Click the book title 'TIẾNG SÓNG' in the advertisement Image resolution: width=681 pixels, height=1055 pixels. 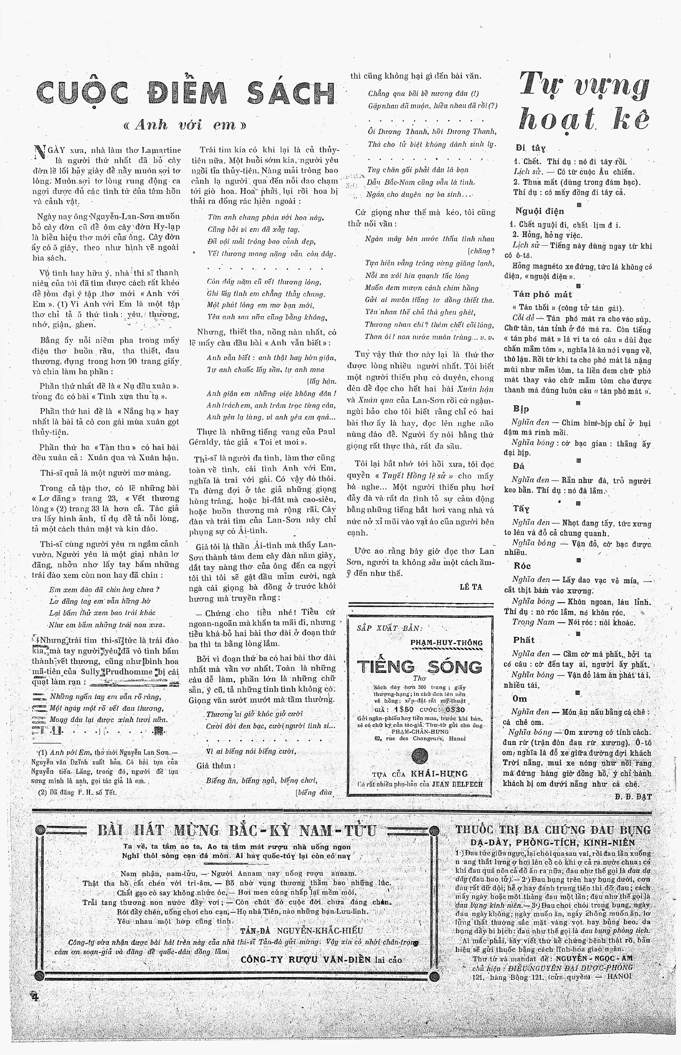[419, 666]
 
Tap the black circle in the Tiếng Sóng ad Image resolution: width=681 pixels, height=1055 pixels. [419, 756]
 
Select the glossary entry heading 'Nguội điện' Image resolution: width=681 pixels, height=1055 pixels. [540, 211]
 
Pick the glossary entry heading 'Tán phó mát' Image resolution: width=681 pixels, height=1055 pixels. [542, 294]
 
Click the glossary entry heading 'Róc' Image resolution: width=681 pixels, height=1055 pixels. [522, 565]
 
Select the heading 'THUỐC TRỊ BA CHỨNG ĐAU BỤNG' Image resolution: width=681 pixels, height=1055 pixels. [553, 830]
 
